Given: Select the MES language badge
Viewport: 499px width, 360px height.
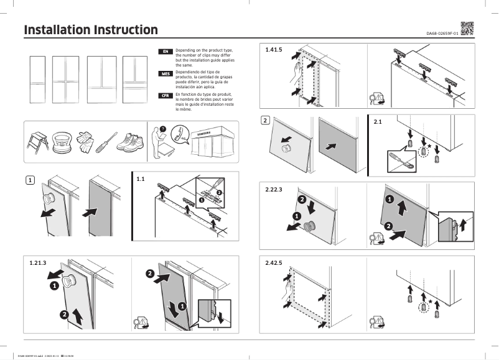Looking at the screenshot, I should pos(166,73).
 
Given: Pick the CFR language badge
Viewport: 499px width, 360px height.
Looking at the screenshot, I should pos(166,95).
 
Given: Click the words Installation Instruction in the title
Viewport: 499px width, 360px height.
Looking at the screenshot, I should pos(90,30).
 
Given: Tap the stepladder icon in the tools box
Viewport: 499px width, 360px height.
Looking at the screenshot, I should pos(37,143).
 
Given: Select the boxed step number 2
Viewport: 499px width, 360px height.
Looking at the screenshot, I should pos(266,120).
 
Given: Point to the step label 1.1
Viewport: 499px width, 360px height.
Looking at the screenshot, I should pos(141,179).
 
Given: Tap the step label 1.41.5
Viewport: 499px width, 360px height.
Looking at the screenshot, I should pos(274,48).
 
